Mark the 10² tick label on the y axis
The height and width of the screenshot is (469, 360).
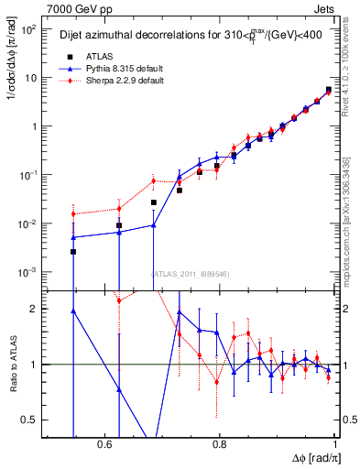[x=27, y=29]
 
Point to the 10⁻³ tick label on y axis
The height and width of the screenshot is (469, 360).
[x=27, y=273]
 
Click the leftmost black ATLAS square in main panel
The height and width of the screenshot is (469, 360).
[x=73, y=251]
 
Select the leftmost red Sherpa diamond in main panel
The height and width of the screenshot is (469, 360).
[x=73, y=214]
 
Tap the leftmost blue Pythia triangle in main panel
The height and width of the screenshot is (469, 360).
[x=73, y=237]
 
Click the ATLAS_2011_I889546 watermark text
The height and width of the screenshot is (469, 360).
[x=189, y=273]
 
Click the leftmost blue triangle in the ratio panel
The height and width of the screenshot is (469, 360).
[x=73, y=311]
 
